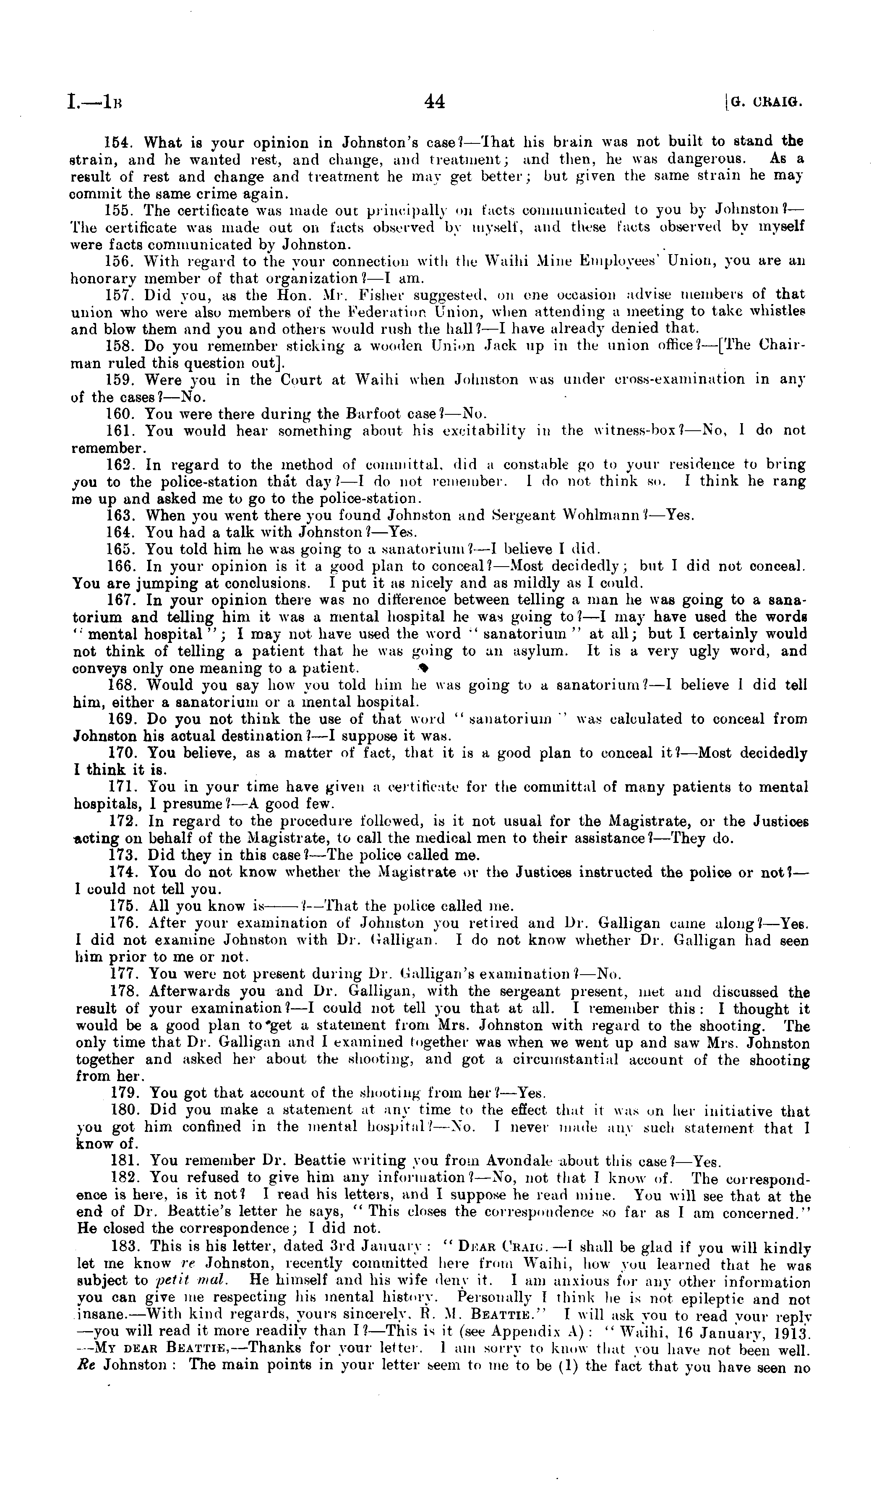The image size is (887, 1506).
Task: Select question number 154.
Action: pos(117,143)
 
